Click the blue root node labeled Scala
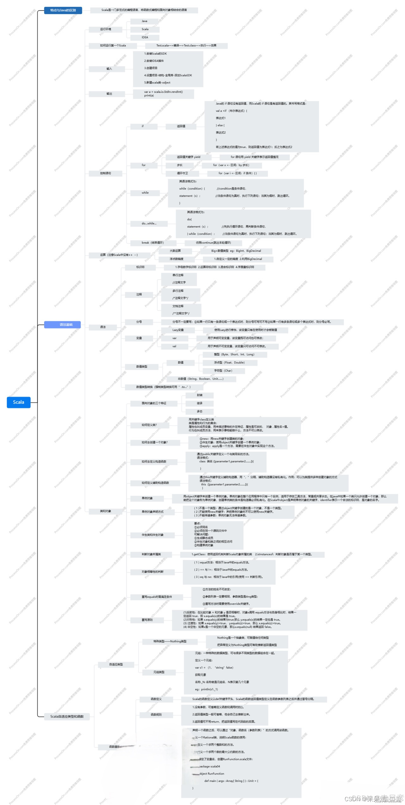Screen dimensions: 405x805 tap(19, 402)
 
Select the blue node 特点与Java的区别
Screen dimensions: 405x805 tap(63, 10)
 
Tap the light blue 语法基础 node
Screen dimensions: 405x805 tap(62, 325)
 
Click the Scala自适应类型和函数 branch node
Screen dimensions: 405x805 tap(67, 716)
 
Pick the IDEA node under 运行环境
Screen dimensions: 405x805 tap(145, 37)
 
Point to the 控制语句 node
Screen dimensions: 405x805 tap(105, 173)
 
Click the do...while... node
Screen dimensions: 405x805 tap(149, 224)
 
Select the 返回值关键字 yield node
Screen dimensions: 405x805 tap(189, 157)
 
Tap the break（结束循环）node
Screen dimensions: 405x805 tap(153, 243)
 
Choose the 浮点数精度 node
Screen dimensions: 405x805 tap(176, 259)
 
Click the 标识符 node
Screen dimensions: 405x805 tap(140, 267)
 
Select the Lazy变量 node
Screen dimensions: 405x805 tap(178, 330)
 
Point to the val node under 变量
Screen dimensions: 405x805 tap(174, 346)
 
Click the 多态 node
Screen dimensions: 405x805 tap(199, 411)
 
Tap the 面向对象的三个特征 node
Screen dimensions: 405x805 tap(154, 403)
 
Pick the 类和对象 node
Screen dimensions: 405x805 tap(105, 511)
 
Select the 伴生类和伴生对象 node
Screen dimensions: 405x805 tap(153, 535)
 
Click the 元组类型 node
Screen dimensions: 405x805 tap(159, 672)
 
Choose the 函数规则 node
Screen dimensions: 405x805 tap(156, 715)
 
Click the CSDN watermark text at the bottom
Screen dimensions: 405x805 tap(373, 799)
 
